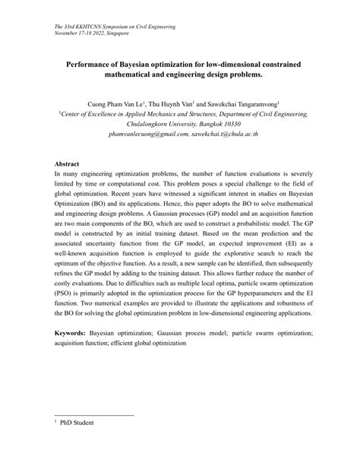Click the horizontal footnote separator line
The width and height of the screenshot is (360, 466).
click(x=94, y=415)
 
